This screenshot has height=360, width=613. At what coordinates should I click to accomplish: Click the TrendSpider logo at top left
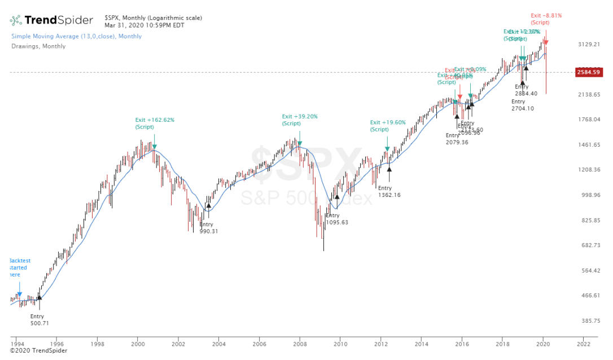(51, 20)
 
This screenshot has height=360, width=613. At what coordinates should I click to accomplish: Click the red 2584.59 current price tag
(588, 72)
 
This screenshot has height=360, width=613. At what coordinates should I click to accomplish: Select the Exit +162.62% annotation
(154, 123)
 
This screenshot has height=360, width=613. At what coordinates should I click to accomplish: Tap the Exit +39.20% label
(300, 120)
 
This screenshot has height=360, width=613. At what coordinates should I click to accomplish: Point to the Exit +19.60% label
(387, 125)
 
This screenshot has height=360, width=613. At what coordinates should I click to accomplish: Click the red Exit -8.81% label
(546, 19)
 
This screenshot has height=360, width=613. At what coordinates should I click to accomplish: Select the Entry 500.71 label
(37, 320)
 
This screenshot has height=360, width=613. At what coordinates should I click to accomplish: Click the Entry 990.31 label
(208, 228)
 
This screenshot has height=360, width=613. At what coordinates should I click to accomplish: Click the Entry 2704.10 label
(522, 105)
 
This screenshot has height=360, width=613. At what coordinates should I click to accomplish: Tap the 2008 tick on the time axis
(300, 343)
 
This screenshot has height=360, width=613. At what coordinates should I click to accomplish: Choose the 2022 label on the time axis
(583, 343)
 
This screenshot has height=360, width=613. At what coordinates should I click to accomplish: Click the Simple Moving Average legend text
(76, 36)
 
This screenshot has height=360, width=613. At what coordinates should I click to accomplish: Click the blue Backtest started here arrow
(20, 294)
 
